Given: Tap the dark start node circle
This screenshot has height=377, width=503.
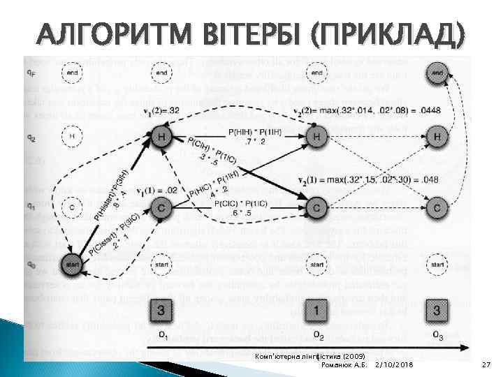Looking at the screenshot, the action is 71,266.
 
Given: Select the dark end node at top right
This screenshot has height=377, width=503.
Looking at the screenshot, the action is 437,73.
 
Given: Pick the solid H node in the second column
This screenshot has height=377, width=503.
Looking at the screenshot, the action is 316,138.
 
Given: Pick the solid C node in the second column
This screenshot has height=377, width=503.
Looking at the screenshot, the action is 316,207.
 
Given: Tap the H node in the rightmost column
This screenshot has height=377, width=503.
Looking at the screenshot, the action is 437,138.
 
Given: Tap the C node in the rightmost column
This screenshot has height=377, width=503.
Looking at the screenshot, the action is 437,207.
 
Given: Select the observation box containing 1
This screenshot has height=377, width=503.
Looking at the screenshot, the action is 316,310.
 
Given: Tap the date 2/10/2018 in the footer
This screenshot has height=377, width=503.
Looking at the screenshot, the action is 395,365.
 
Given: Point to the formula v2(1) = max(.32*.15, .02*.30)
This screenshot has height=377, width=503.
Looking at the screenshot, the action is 367,179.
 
